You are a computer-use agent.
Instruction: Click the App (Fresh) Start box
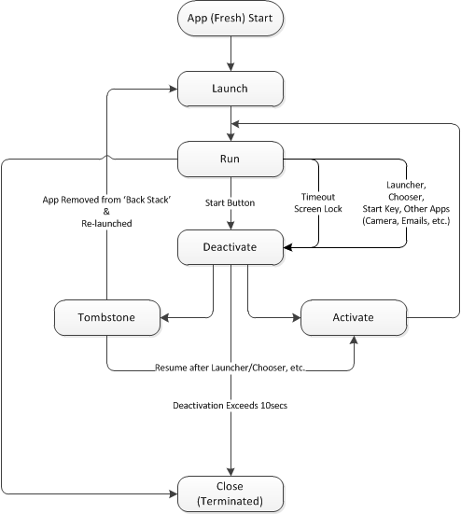click(230, 18)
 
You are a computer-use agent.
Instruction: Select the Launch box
click(230, 89)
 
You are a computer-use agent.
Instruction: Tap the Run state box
click(230, 159)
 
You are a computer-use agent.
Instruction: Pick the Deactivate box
click(230, 247)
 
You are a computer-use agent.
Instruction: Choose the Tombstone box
click(107, 317)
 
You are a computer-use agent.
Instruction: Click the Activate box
click(354, 317)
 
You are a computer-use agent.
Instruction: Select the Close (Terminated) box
click(230, 493)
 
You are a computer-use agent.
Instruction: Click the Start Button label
click(230, 203)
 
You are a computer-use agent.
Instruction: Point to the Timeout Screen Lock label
click(318, 203)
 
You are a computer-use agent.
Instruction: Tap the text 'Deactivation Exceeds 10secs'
click(230, 406)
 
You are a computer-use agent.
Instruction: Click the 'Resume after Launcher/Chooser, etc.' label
click(230, 368)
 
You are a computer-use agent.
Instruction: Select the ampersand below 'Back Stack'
click(106, 212)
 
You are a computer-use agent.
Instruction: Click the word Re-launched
click(106, 224)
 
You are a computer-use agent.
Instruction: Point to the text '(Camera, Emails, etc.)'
click(406, 220)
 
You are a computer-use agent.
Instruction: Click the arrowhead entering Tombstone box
click(164, 317)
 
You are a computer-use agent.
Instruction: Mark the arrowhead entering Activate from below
click(354, 340)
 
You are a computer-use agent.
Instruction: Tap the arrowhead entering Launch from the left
click(174, 89)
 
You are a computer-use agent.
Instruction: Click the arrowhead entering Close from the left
click(174, 493)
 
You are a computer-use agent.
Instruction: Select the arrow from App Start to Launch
click(230, 53)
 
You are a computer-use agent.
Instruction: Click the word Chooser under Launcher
click(406, 197)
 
